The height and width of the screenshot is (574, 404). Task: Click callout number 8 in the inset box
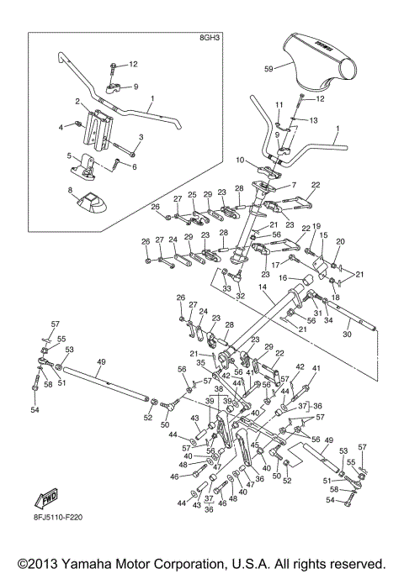coord(71,190)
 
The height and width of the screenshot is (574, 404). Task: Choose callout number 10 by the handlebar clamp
coord(240,160)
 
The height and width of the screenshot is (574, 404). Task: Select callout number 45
coord(255,445)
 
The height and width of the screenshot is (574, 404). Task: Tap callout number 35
coord(200,363)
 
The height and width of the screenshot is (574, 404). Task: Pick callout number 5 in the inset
coord(70,155)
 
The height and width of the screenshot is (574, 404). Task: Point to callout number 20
coord(340,242)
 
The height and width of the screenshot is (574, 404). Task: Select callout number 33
coord(226,287)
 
